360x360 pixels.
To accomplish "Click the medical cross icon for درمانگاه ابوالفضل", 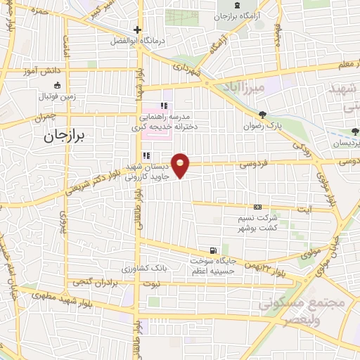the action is tap(138, 30).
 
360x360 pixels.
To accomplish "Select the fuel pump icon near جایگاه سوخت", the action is tap(212, 250).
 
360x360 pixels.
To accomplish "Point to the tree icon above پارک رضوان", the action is tap(263, 115).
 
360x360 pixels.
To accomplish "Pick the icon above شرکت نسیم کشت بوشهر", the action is tap(258, 207).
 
